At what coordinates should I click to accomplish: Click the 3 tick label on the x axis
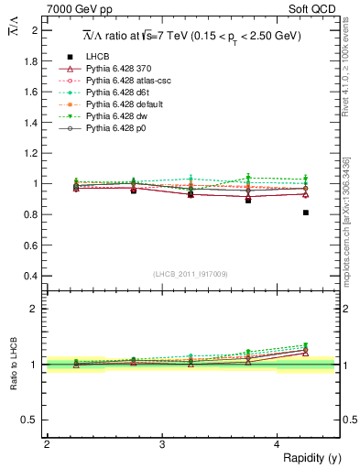pyautogui.click(x=161, y=444)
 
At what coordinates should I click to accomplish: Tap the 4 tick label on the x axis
pyautogui.click(x=277, y=444)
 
